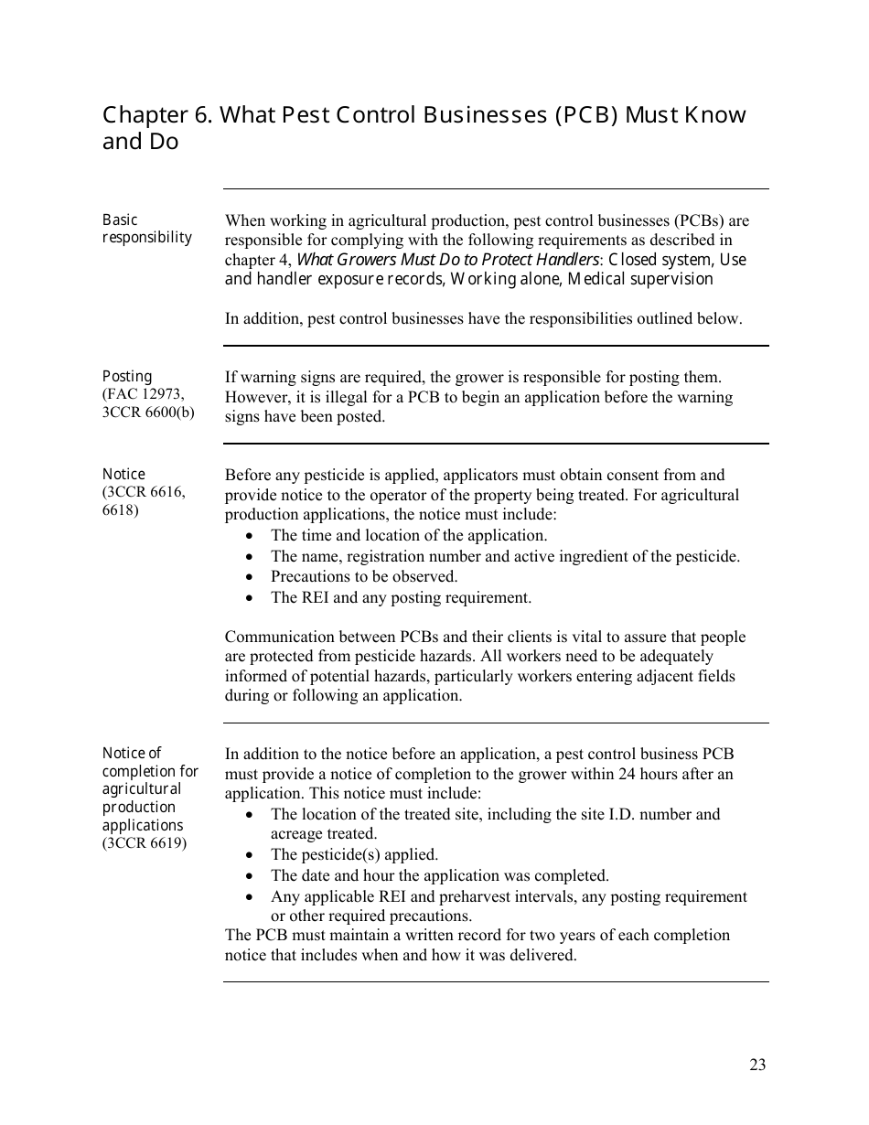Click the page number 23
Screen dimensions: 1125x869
[757, 1064]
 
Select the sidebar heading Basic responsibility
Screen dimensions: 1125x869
[146, 229]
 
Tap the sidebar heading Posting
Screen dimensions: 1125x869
[127, 376]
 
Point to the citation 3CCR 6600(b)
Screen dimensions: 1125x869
[148, 412]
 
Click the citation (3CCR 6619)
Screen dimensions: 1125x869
[145, 842]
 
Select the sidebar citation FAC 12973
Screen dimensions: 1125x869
[145, 394]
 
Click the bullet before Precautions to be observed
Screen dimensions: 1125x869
[250, 577]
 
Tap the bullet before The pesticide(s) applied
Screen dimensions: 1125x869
[250, 855]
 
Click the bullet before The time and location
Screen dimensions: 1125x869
[250, 536]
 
